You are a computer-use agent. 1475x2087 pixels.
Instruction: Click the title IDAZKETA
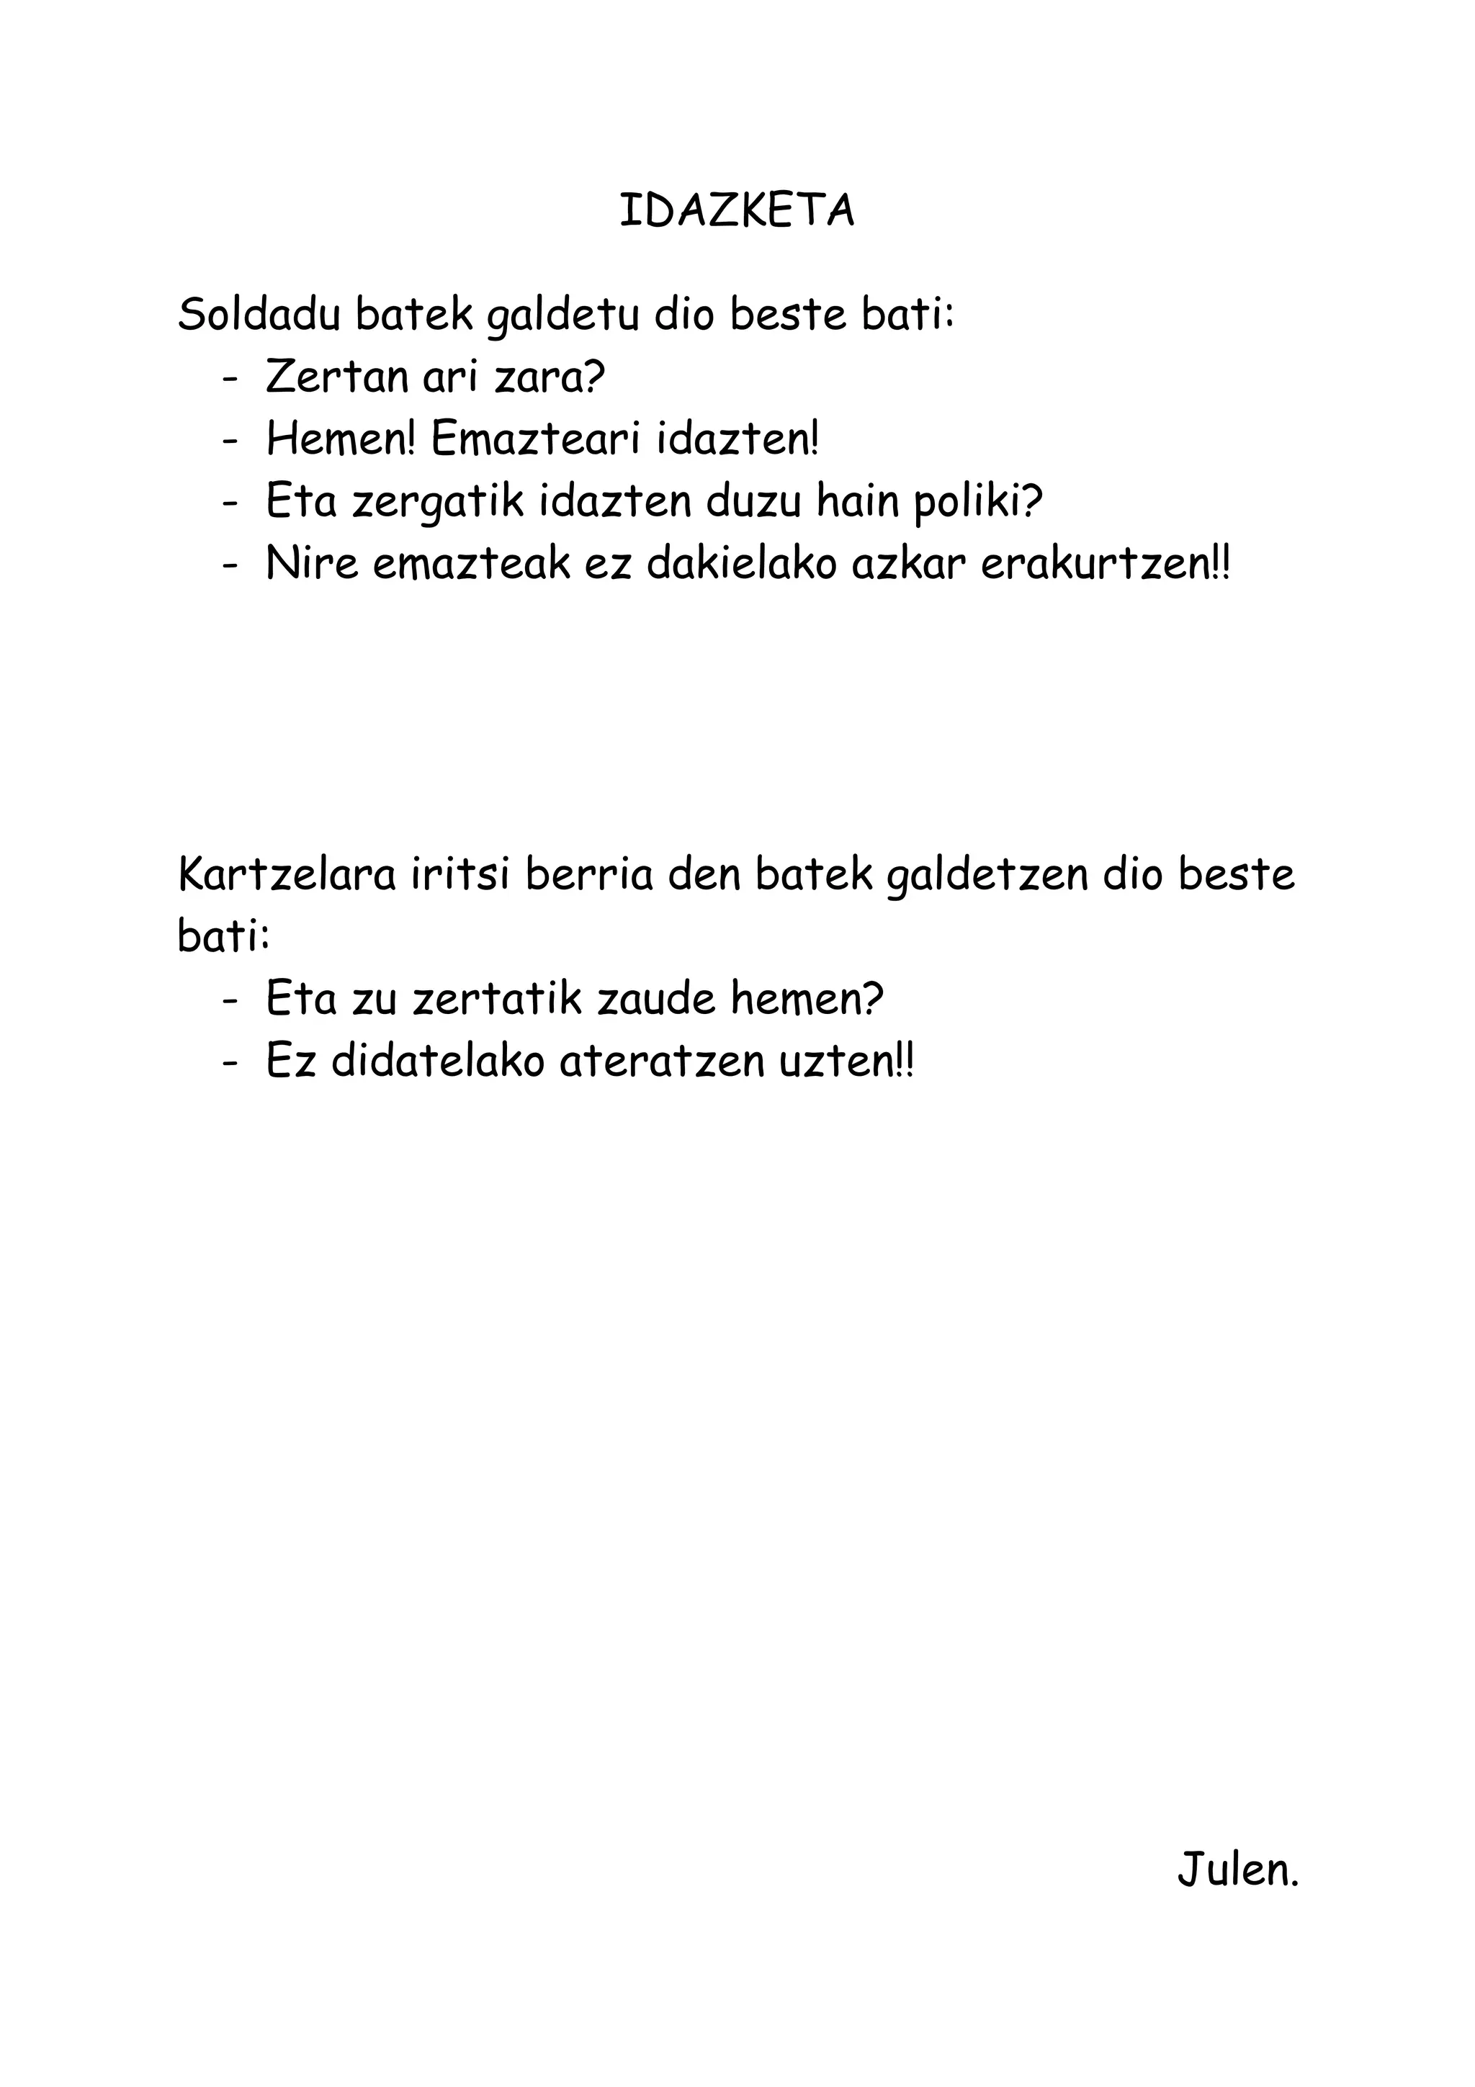pyautogui.click(x=736, y=212)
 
